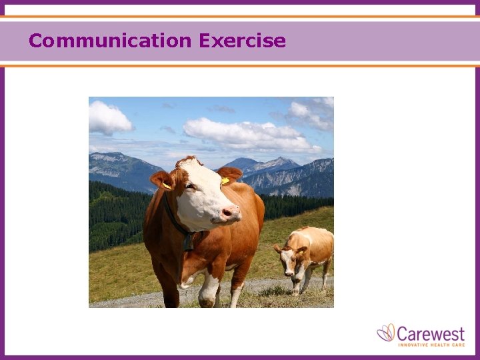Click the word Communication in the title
pos(110,41)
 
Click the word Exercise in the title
pos(242,41)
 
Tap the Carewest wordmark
pos(431,332)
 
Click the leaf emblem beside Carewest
pos(386,332)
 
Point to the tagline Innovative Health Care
pos(431,344)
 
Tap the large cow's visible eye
pos(190,186)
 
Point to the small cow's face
pos(289,261)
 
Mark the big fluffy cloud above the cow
pos(247,133)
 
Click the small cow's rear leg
pos(325,273)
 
